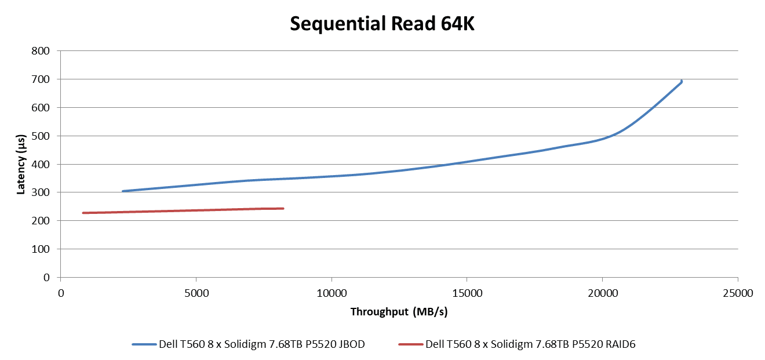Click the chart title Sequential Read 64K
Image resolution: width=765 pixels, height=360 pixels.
point(382,24)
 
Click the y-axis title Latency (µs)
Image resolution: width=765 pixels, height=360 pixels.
point(21,163)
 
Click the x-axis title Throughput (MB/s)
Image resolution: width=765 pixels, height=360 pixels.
point(399,312)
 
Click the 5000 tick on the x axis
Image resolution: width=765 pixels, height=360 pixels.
point(196,293)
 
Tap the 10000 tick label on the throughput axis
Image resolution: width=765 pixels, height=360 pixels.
point(331,293)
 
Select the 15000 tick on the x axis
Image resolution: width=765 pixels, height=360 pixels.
point(467,293)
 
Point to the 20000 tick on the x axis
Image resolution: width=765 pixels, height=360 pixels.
point(602,293)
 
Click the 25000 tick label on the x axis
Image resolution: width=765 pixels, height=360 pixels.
point(738,293)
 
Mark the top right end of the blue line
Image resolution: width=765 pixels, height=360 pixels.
point(682,81)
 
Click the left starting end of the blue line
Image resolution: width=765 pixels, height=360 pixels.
point(123,191)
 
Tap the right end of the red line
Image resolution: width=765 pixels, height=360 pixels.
point(283,208)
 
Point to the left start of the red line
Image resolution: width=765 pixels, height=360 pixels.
point(83,213)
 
